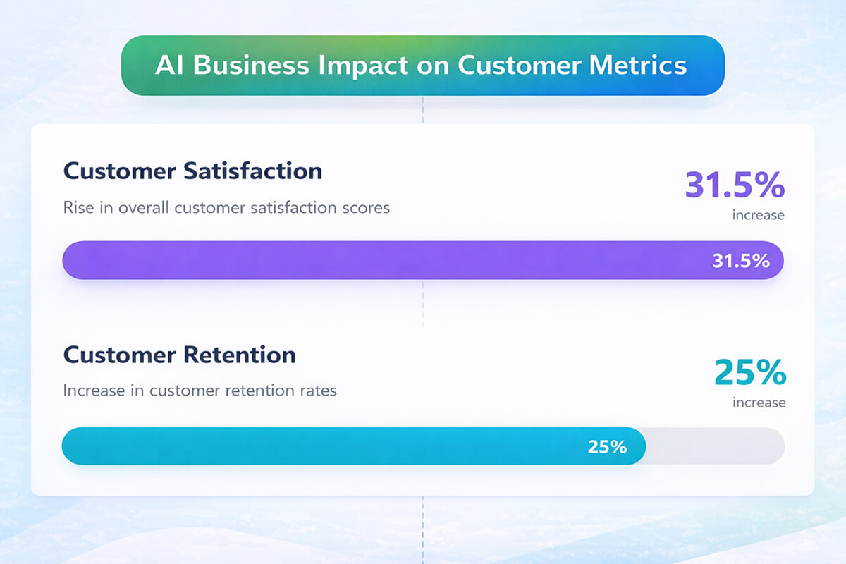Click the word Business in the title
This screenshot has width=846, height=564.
250,66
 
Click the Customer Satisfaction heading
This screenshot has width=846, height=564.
192,171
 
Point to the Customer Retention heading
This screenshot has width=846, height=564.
179,355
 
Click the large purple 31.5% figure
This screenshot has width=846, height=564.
734,185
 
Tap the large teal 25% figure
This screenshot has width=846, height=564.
749,373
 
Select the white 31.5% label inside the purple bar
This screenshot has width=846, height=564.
740,261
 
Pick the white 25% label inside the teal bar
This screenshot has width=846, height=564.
607,446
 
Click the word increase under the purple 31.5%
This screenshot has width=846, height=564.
758,215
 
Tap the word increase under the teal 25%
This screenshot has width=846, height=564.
759,403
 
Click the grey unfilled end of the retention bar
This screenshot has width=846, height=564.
716,446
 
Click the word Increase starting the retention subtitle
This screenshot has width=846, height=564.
90,390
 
